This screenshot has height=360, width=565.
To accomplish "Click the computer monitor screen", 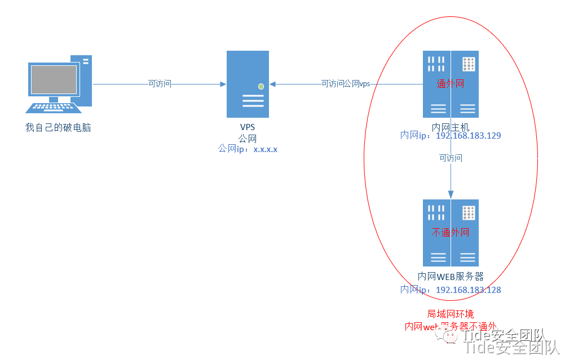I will (54, 79).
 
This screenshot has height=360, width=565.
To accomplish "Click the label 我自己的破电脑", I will (58, 128).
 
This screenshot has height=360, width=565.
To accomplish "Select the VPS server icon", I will (248, 84).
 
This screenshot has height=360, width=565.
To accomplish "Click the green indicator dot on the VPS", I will (261, 86).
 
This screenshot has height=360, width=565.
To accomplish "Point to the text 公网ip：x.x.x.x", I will (248, 149).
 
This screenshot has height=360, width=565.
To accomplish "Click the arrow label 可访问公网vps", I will (346, 84).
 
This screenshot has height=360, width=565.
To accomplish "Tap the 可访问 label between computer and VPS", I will (160, 84).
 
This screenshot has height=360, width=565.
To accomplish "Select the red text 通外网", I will (451, 84).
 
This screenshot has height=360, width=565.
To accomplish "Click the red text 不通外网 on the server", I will (451, 232).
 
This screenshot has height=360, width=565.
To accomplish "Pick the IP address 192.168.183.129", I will (468, 136).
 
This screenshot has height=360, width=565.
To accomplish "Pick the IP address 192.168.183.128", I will (468, 290).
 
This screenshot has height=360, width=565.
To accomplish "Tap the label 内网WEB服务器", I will (451, 277).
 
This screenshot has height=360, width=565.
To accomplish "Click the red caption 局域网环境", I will (451, 314).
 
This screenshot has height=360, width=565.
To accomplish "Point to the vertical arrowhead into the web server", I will (451, 194).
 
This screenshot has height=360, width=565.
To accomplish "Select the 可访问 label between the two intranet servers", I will (451, 158).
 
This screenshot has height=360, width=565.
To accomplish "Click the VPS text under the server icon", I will (248, 128).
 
